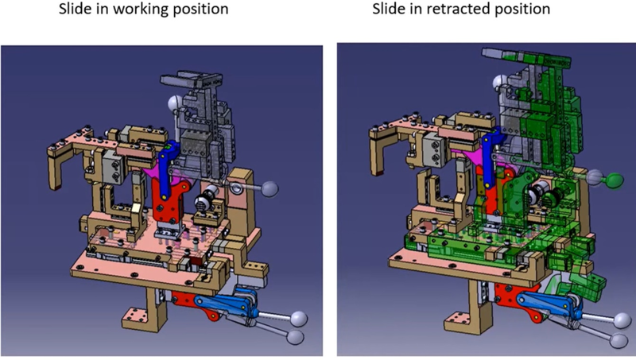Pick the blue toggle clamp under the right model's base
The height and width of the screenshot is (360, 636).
[x=548, y=306]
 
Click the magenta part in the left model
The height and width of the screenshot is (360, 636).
[x=157, y=170]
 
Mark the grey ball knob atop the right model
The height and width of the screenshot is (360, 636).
[x=498, y=81]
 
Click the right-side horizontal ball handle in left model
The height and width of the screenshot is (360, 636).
[x=270, y=188]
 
